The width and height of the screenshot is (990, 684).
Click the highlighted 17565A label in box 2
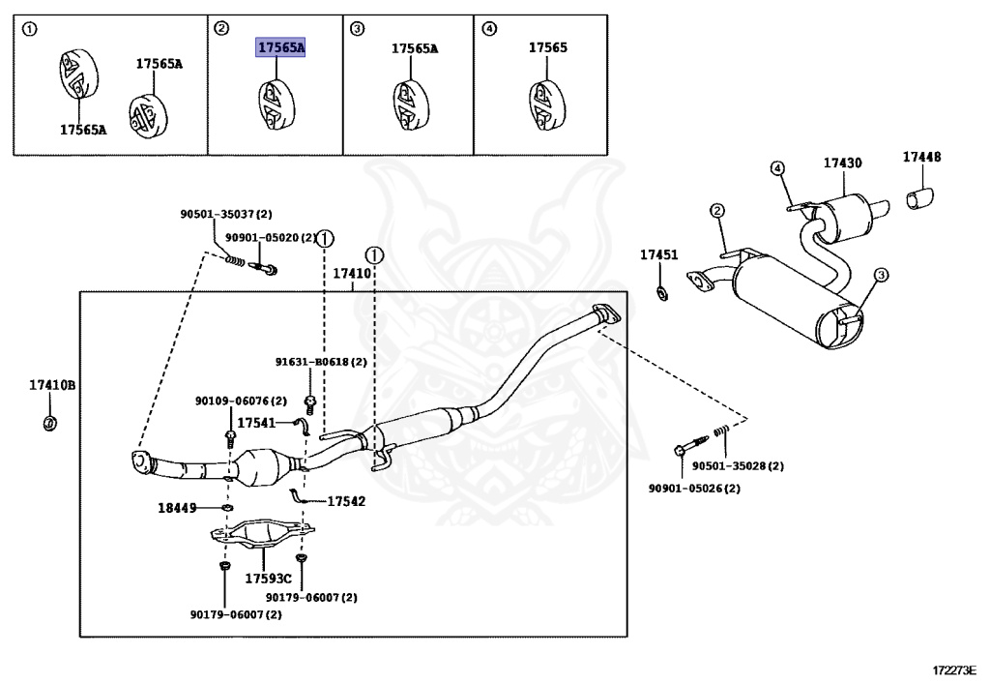tap(280, 47)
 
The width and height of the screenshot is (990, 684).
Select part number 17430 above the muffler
tap(842, 163)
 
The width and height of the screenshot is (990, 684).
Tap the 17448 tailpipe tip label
tap(921, 157)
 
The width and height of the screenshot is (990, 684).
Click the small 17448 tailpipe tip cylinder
tap(920, 197)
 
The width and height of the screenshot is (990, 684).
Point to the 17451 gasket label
tap(659, 254)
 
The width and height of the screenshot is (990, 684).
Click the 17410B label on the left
tap(52, 385)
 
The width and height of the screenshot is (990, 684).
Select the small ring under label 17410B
tap(50, 423)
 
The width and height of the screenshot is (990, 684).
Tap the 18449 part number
tap(178, 508)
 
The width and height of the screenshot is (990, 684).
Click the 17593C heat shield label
tap(269, 579)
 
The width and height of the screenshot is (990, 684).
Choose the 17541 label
tap(256, 423)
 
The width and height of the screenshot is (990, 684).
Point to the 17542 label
tap(346, 501)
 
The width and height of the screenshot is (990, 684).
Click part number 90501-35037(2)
tap(226, 214)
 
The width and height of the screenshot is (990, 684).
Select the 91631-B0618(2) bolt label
tap(321, 362)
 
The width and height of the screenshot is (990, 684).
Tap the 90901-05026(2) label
tap(694, 489)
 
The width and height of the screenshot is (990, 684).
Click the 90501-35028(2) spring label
tap(738, 466)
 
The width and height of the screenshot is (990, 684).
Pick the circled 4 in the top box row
tap(489, 28)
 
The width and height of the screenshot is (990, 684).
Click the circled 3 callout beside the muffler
tap(881, 275)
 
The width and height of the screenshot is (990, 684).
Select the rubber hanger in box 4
tap(545, 105)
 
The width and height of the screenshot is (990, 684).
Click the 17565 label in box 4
tap(548, 47)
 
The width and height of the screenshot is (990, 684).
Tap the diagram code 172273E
tap(954, 669)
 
